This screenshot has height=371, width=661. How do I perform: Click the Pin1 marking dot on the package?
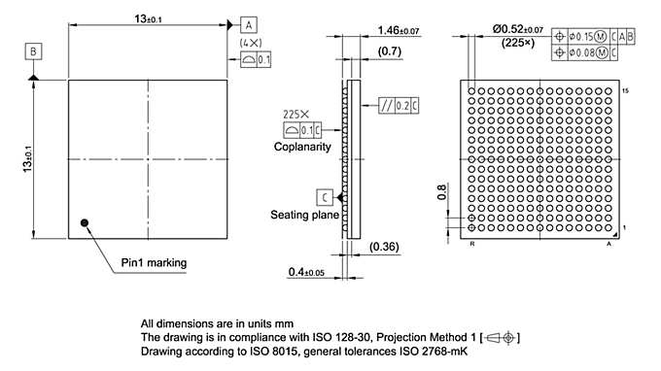[x=86, y=223]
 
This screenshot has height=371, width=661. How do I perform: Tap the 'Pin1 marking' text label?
[x=154, y=262]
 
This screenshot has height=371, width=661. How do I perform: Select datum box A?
[x=249, y=23]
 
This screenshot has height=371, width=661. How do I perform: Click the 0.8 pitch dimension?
[x=443, y=192]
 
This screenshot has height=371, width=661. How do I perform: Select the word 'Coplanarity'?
[x=302, y=147]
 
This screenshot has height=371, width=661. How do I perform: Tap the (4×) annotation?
[x=249, y=44]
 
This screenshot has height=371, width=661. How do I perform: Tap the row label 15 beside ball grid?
[x=624, y=88]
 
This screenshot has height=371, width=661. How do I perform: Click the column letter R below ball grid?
[x=471, y=247]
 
